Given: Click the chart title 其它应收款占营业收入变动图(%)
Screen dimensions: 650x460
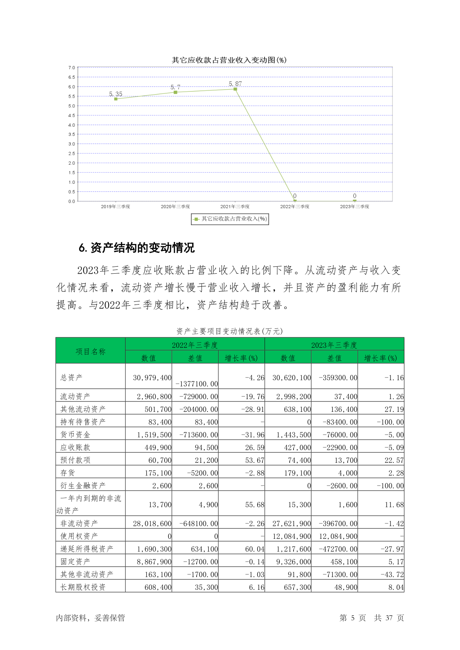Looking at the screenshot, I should (229, 60).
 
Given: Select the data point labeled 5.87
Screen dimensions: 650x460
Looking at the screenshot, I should (235, 89).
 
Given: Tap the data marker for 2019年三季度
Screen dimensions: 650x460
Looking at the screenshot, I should (115, 99).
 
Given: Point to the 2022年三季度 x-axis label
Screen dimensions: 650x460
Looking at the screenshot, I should (295, 207).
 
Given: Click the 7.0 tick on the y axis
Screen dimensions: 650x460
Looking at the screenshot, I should (72, 68).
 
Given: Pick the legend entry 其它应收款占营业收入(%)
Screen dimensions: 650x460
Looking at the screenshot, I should (230, 219).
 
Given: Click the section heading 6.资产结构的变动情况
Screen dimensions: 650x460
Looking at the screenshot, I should (136, 248).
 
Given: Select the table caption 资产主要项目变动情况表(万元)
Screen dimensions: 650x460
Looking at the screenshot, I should (229, 331).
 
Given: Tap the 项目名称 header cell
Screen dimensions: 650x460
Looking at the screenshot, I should (90, 351).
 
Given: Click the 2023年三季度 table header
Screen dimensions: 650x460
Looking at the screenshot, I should (334, 345).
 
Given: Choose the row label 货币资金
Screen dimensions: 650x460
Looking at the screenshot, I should (75, 435).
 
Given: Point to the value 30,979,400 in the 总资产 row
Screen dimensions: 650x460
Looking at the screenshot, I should (152, 378).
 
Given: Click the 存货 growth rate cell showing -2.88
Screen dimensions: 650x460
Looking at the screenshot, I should (255, 473).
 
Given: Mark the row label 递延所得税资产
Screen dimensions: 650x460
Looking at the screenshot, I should (87, 549).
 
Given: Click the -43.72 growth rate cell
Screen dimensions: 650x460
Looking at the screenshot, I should (392, 574).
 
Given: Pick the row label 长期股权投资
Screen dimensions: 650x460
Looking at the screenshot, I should (83, 587).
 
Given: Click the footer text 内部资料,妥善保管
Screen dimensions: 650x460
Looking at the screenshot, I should (90, 618).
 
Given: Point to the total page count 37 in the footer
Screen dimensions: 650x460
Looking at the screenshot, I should (389, 618).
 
